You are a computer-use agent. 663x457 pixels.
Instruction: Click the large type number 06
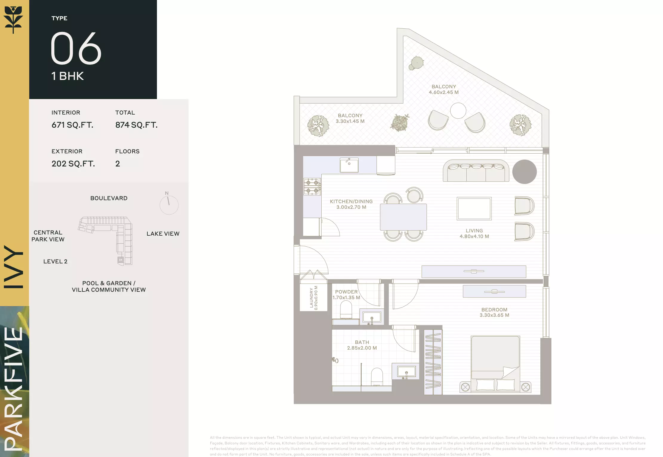76,48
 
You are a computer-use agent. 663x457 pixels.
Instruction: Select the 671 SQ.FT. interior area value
73,125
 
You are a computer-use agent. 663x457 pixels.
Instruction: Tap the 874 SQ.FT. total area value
136,125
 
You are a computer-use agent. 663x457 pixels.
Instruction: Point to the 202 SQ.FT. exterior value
73,163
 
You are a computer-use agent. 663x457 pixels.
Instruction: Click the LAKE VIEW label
163,234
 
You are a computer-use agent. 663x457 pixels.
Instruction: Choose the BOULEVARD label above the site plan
109,198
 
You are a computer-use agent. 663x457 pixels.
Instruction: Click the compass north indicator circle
169,205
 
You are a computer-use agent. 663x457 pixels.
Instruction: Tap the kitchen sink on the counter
349,165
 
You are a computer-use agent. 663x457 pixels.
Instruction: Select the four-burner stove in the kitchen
312,186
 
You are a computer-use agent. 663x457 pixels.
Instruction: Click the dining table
403,217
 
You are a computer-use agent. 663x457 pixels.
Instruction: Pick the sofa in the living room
476,171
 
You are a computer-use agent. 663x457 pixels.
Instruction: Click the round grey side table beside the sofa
524,172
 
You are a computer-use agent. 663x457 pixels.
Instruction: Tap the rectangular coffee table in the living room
474,209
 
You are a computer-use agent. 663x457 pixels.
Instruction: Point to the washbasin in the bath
406,371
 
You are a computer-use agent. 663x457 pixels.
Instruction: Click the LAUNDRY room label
312,298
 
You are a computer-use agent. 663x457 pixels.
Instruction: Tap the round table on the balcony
458,110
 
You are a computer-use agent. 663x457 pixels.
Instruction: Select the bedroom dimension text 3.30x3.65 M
494,315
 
